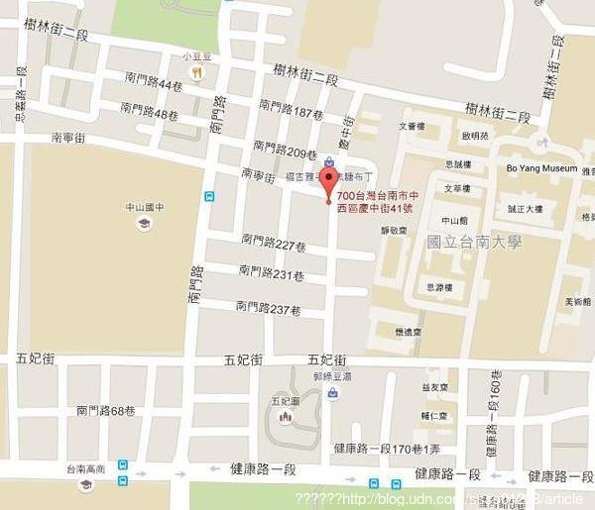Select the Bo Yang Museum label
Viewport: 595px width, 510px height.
[540, 169]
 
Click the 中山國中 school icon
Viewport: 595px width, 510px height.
[144, 225]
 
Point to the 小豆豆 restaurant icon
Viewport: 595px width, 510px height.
[197, 72]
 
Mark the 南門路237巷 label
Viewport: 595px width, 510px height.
[267, 308]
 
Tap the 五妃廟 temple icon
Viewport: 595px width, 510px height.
[286, 417]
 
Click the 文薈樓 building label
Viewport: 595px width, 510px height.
[412, 126]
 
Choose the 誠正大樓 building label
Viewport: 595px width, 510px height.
[526, 209]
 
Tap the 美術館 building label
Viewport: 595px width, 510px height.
[577, 301]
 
